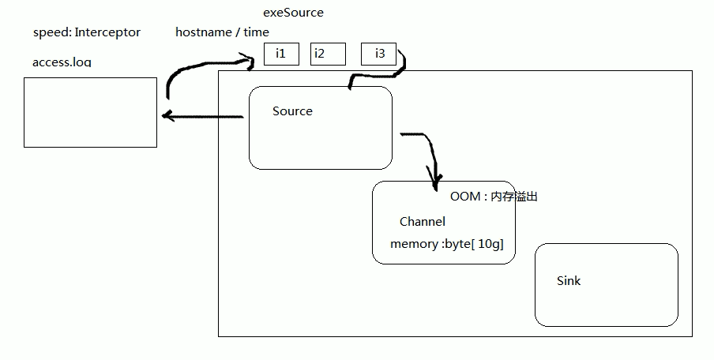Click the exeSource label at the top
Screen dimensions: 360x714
(293, 13)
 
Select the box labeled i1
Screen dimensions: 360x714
(281, 54)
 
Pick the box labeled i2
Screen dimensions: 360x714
(328, 54)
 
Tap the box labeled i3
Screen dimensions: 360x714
(378, 54)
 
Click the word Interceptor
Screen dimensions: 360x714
(107, 32)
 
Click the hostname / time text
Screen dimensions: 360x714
(222, 32)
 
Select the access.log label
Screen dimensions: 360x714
(62, 62)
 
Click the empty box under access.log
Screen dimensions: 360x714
(90, 112)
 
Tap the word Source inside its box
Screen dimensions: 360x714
(292, 111)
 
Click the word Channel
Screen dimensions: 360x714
(422, 222)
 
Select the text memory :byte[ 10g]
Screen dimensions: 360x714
(446, 244)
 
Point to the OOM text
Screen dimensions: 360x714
(464, 197)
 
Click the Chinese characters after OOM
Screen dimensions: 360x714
(514, 197)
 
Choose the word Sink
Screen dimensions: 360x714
(569, 280)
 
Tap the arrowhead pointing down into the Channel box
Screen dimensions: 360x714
(434, 183)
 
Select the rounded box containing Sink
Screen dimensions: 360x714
(606, 304)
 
